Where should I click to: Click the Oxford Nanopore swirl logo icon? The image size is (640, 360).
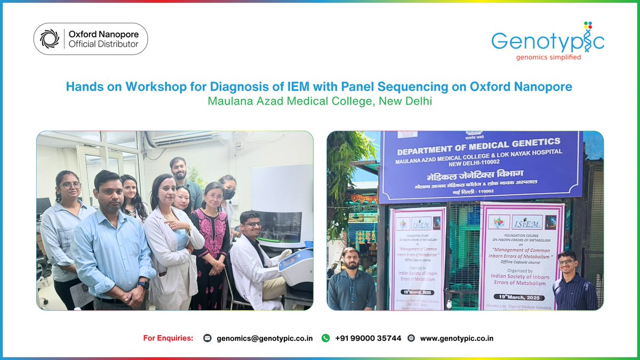50,39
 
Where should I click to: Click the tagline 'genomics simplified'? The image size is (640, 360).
547,57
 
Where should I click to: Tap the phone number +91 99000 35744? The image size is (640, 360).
368,338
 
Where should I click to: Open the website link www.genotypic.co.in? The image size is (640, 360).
457,338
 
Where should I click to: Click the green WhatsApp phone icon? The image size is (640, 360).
325,338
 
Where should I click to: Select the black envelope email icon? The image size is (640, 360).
207,338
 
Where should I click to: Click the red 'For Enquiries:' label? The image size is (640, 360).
168,338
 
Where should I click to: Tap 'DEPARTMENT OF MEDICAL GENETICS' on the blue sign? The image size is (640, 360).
478,144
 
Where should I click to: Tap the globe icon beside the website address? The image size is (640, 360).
411,338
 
